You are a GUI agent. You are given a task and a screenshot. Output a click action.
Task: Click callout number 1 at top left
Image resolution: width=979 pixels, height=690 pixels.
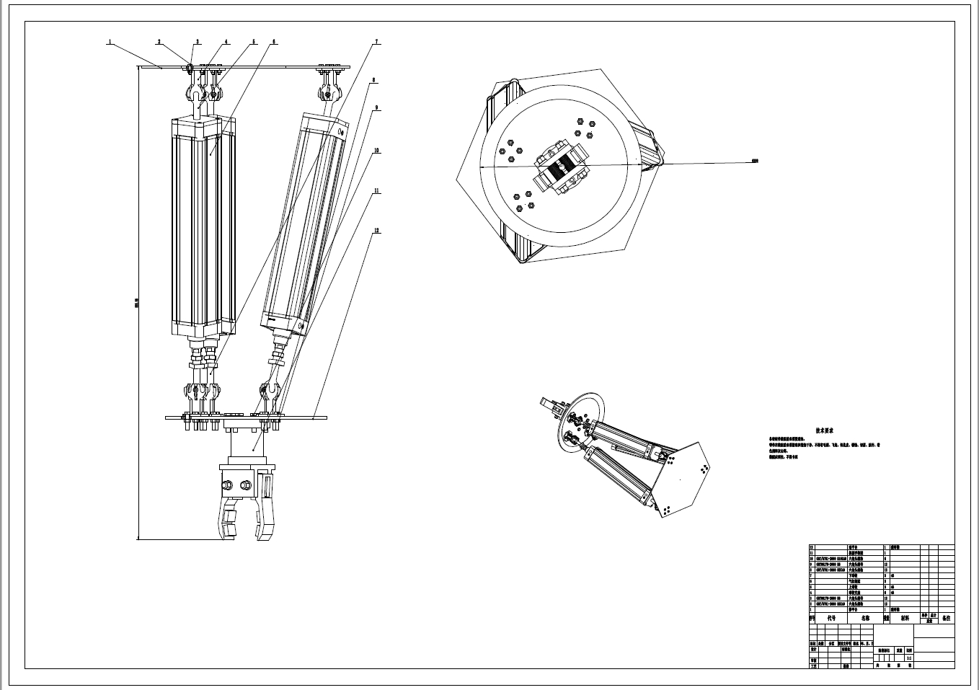110,42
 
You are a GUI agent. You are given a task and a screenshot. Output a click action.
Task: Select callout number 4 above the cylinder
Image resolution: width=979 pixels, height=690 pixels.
226,42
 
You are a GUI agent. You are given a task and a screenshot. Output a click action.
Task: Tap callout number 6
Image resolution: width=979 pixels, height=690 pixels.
273,42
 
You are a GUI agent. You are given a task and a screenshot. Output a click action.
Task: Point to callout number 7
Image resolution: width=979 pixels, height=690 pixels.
376,43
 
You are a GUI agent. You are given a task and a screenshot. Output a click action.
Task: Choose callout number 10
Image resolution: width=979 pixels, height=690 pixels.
376,151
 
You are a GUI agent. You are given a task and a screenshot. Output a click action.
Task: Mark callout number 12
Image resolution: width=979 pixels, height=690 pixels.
376,231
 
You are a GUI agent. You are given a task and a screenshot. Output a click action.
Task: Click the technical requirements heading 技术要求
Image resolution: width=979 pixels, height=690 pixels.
824,430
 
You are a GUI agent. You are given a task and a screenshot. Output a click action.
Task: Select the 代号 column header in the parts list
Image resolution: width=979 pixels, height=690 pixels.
830,618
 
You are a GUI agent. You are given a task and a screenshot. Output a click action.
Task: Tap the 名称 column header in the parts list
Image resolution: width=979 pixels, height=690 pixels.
865,618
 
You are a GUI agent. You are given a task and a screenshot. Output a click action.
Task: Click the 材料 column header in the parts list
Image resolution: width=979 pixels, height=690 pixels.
905,618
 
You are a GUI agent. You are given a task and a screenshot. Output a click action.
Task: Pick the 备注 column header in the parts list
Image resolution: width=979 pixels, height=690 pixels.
946,618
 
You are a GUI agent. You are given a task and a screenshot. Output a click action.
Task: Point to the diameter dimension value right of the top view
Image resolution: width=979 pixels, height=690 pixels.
755,161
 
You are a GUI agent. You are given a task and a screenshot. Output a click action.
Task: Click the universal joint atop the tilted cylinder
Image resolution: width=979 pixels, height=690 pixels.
327,92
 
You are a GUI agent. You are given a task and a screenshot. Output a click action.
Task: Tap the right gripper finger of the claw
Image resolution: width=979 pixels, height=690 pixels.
266,512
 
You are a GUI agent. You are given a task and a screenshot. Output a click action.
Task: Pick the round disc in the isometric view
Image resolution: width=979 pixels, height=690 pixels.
576,418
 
